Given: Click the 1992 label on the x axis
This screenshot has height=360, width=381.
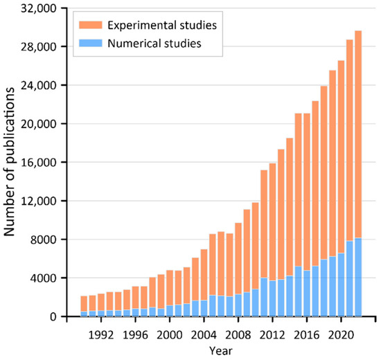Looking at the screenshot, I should pyautogui.click(x=102, y=330).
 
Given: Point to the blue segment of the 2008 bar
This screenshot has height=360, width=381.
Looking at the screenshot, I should pyautogui.click(x=238, y=305).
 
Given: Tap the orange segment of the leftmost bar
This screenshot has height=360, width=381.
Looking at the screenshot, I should pyautogui.click(x=84, y=304).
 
